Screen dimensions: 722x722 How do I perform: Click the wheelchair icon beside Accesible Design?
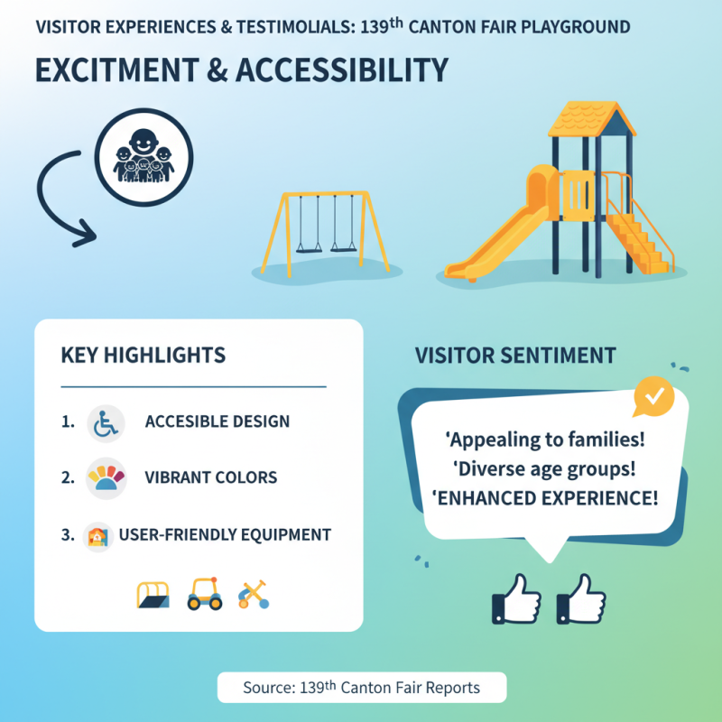click(106, 422)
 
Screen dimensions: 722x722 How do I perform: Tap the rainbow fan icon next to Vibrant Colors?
click(106, 478)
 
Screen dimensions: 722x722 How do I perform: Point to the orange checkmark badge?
click(654, 395)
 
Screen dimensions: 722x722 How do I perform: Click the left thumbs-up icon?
click(516, 598)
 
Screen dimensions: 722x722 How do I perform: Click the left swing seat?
click(309, 246)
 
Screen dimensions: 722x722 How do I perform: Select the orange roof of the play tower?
click(591, 119)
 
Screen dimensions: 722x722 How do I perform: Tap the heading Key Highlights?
click(143, 355)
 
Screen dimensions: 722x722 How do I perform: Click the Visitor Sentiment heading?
click(515, 355)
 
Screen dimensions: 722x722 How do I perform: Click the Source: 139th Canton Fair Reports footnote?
click(361, 688)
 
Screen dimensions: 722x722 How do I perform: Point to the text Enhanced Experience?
click(545, 497)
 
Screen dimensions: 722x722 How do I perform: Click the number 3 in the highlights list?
click(67, 534)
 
